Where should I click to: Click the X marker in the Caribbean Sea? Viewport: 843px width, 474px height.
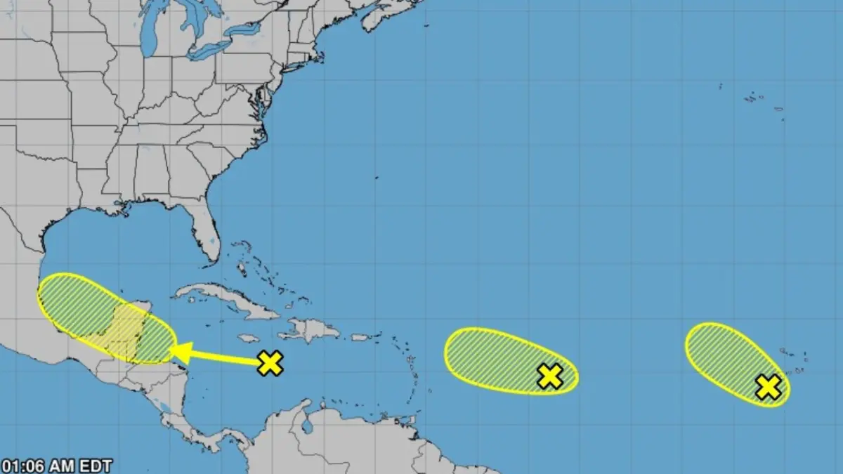pyautogui.click(x=270, y=363)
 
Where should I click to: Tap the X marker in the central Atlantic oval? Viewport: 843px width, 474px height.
pyautogui.click(x=550, y=376)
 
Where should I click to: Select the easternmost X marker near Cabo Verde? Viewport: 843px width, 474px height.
pyautogui.click(x=769, y=387)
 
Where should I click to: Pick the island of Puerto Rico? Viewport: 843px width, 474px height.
pyautogui.click(x=360, y=338)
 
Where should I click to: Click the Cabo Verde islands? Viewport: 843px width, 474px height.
pyautogui.click(x=794, y=365)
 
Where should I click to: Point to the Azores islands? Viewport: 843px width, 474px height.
pyautogui.click(x=755, y=98)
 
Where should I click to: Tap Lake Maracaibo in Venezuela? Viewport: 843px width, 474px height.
pyautogui.click(x=308, y=426)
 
